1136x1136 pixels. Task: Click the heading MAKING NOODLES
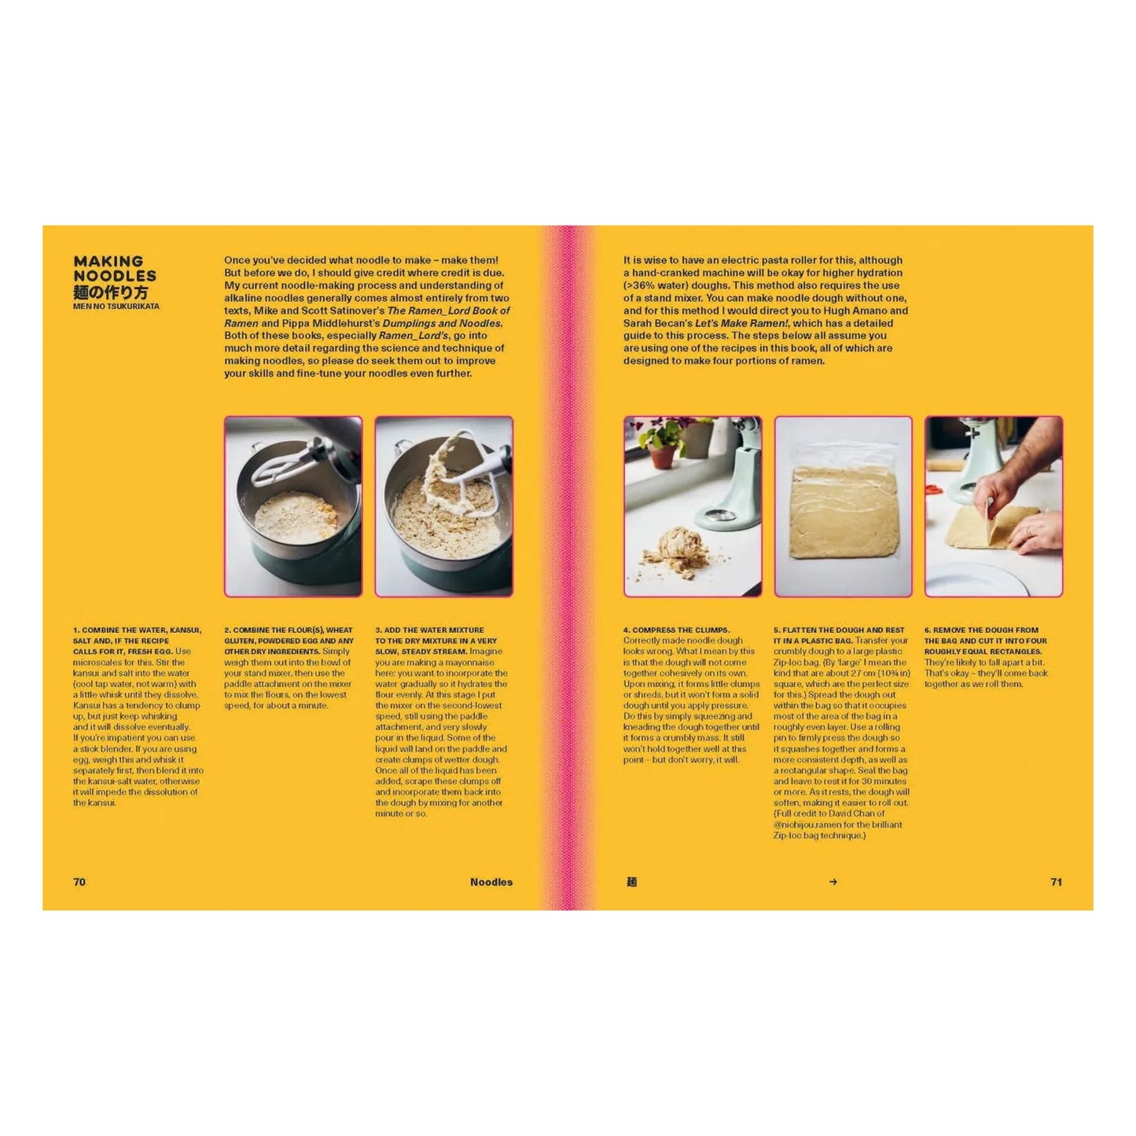[114, 268]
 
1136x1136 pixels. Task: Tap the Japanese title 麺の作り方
[111, 292]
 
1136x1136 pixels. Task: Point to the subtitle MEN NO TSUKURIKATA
[116, 307]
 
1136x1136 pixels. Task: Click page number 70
[79, 882]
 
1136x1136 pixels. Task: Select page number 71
[1057, 882]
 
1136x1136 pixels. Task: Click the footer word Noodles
[491, 882]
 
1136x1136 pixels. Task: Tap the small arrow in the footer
[833, 882]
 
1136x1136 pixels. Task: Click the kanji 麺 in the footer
[631, 882]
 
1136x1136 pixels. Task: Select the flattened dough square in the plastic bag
[843, 512]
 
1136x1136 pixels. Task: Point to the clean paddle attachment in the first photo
[289, 465]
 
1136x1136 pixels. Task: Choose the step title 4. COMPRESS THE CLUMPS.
[676, 630]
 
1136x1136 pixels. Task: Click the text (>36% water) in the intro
[654, 285]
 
